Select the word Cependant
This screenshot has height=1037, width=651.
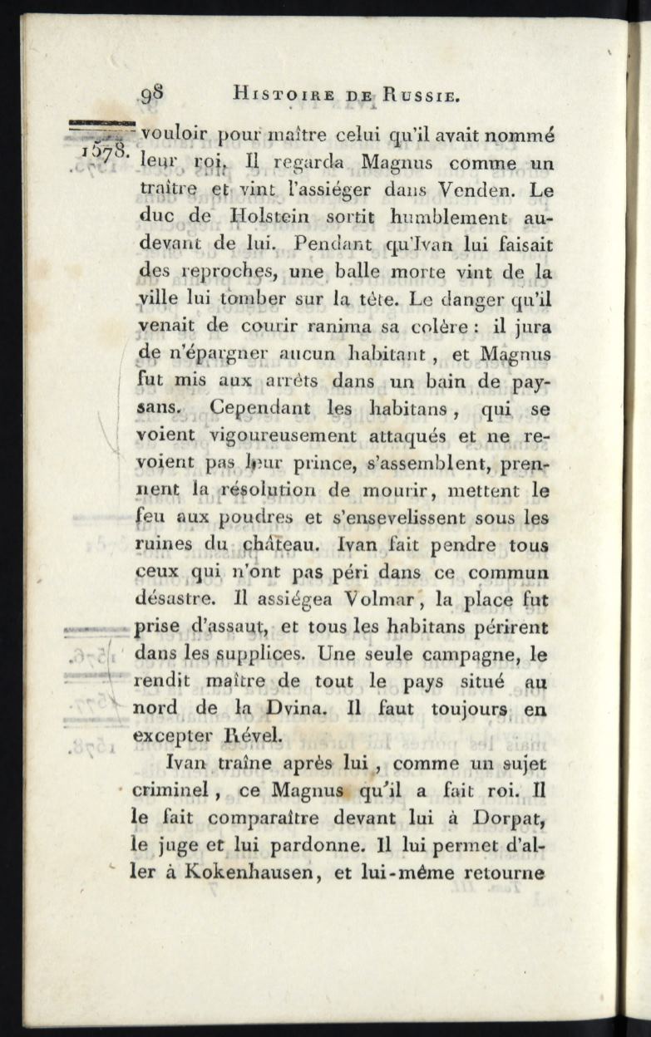[x=259, y=409]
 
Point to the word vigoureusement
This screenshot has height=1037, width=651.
[x=284, y=435]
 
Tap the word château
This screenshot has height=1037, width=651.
[x=252, y=546]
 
